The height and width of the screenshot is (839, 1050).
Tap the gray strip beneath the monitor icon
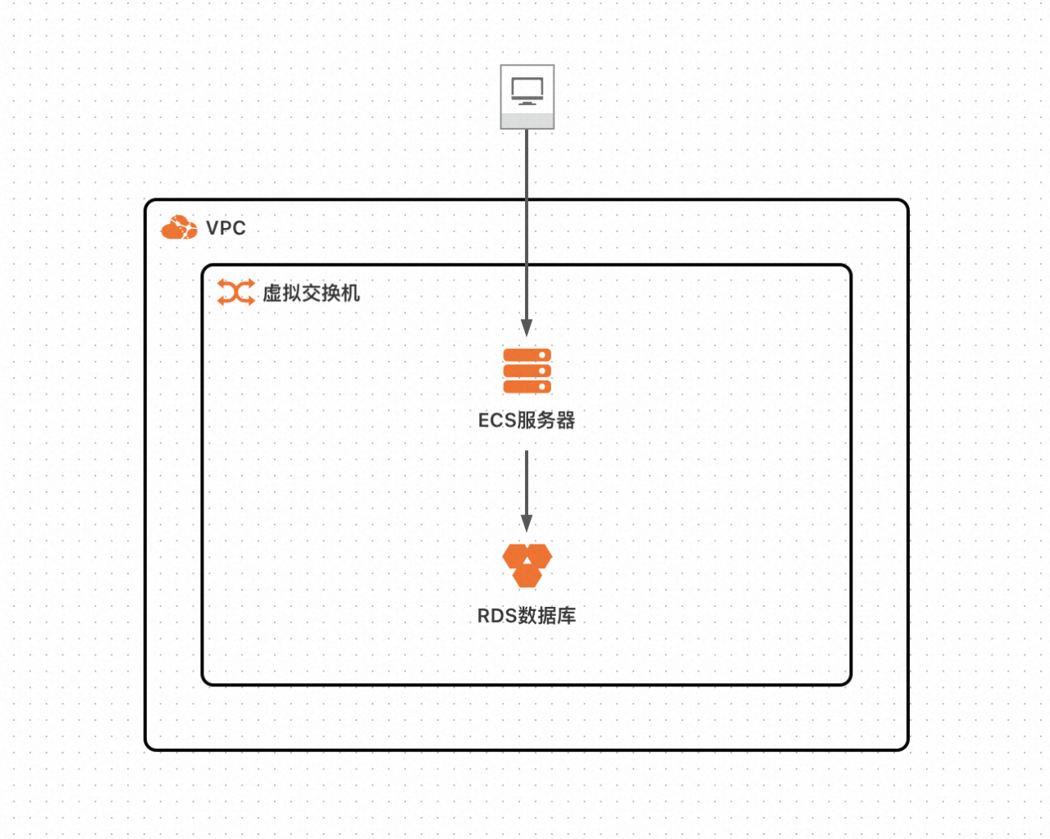tap(527, 121)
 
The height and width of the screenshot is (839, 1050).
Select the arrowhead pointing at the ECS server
tap(527, 327)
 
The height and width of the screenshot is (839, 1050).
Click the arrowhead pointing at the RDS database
tap(527, 522)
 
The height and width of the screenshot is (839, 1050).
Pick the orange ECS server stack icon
tap(527, 371)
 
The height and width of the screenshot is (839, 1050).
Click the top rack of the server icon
tap(527, 355)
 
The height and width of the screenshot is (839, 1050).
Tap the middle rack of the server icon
tap(527, 371)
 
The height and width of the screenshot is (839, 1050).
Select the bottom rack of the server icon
tap(527, 386)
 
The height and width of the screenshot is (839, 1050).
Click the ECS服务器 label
tap(527, 421)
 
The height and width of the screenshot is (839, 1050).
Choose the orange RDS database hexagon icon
tap(527, 565)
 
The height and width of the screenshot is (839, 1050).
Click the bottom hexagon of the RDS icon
tap(527, 577)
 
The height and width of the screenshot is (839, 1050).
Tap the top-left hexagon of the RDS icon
tap(515, 556)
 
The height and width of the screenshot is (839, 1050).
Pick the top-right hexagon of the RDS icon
tap(539, 556)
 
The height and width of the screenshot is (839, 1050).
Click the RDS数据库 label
tap(527, 616)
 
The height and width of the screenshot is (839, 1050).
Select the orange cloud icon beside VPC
tap(179, 228)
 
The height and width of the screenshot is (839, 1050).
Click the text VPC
tap(226, 228)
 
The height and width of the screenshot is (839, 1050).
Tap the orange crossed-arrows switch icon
tap(235, 292)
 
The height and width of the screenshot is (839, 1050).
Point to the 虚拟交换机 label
tap(311, 293)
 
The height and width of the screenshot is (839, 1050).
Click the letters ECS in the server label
tap(497, 421)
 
